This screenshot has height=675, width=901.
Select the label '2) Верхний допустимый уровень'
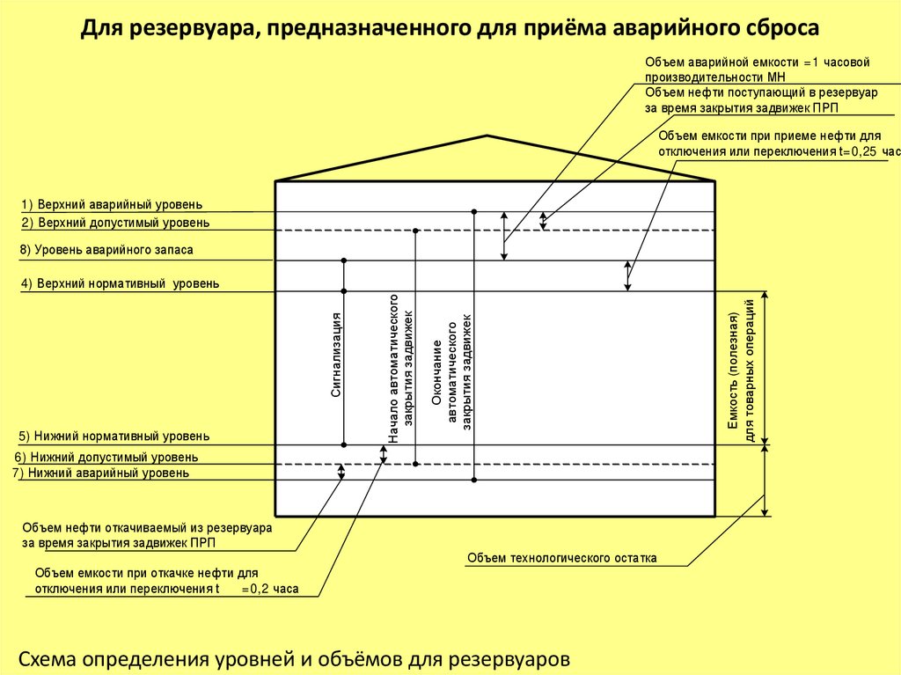[x=115, y=223]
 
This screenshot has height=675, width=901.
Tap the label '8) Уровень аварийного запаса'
[x=106, y=251]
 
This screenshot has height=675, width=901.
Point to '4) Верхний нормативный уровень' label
[x=120, y=284]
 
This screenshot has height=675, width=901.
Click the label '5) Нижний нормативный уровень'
[x=114, y=437]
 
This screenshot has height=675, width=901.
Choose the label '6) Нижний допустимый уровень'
[x=106, y=458]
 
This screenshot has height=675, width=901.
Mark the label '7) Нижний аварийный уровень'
[x=100, y=473]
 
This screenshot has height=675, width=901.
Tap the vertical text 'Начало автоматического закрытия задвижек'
[x=400, y=367]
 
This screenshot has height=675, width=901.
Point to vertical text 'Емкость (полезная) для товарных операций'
[x=741, y=369]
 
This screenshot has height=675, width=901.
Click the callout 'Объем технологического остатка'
[x=561, y=558]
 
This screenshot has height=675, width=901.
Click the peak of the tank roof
[x=487, y=136]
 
